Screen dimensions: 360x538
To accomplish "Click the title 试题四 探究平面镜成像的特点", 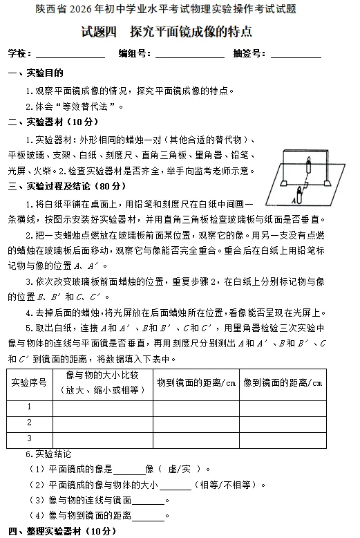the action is point(166,32).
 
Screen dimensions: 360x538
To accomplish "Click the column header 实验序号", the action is point(29,382).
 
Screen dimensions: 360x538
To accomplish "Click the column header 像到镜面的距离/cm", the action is point(283,382).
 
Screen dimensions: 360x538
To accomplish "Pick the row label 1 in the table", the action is point(29,407).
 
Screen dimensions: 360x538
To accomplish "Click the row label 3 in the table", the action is point(29,438).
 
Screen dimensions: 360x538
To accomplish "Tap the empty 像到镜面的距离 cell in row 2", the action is point(283,423).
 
